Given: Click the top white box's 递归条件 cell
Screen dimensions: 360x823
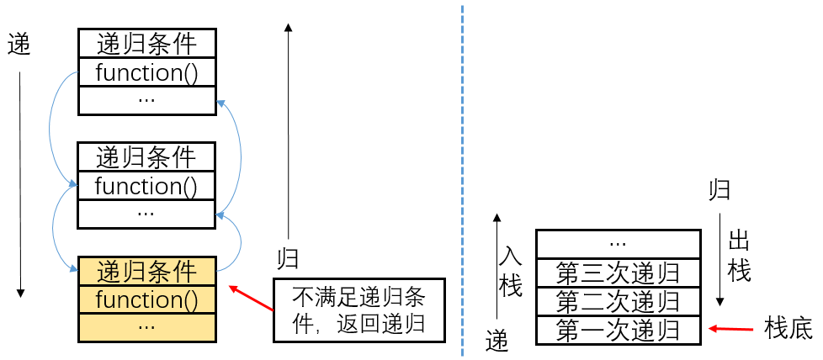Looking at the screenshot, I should (x=146, y=43).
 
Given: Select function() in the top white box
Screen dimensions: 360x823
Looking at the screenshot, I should (x=146, y=72).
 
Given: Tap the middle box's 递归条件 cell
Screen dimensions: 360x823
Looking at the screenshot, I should (x=146, y=156).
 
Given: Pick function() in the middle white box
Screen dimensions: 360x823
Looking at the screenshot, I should (x=146, y=185).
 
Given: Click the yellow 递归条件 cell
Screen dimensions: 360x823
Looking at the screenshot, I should (x=146, y=271).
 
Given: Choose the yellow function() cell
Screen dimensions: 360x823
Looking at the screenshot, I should (x=146, y=299).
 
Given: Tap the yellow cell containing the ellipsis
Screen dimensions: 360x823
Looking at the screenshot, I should (x=146, y=326).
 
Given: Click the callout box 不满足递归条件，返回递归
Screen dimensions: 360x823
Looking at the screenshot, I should (x=358, y=309).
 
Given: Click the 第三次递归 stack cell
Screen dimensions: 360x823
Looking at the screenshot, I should (x=618, y=273).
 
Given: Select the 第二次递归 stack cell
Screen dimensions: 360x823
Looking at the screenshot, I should (x=618, y=300).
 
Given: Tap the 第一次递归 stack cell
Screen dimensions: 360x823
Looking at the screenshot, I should (x=618, y=329).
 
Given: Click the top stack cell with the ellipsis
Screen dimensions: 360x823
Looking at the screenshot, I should (x=618, y=243).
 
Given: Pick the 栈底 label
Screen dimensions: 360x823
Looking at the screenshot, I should (x=788, y=329).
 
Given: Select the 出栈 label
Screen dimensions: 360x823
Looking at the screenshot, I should (x=739, y=257).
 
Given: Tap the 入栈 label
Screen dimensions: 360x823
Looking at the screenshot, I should (x=511, y=269).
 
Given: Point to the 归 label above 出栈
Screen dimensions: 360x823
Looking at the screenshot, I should (x=719, y=190).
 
